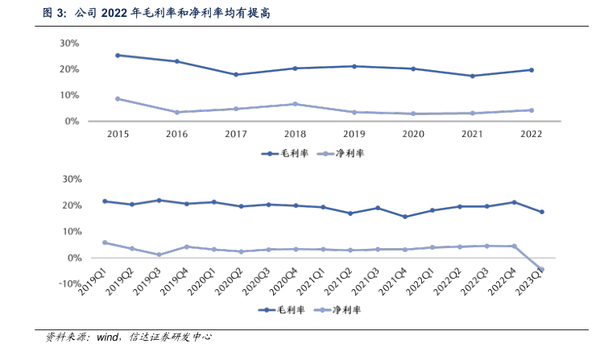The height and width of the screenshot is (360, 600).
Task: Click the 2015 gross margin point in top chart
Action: (118, 55)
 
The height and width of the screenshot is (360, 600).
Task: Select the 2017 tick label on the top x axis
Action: (235, 134)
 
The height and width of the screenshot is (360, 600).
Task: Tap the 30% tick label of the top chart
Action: (68, 43)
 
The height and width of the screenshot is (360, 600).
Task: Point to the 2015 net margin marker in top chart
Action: (118, 98)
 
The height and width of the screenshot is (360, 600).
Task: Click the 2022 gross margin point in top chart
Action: (531, 70)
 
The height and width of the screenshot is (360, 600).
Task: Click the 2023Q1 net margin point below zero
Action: (541, 270)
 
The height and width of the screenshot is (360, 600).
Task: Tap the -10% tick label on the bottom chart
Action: (66, 283)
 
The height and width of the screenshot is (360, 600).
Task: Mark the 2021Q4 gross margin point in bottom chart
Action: (404, 217)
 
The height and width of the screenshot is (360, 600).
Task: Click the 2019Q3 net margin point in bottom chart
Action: (159, 254)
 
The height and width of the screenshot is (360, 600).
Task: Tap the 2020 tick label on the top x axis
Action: (412, 134)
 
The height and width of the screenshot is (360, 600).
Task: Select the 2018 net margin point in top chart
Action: (295, 104)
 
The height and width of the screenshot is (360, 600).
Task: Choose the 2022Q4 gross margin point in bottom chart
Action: (514, 202)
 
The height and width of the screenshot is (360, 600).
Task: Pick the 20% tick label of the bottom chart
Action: (68, 205)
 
